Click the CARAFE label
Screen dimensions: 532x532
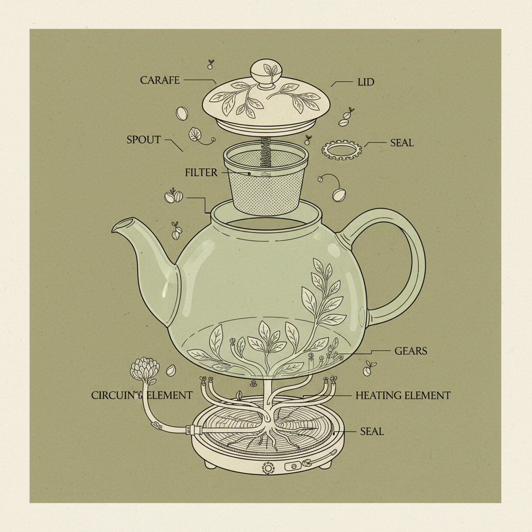(x=160, y=80)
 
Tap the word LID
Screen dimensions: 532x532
(x=366, y=82)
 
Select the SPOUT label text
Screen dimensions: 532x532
(x=144, y=140)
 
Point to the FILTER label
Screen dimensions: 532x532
(x=201, y=172)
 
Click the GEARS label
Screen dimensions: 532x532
(x=410, y=351)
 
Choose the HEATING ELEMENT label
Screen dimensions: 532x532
(x=403, y=395)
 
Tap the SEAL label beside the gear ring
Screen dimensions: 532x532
(x=402, y=142)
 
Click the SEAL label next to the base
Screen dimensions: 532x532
(x=371, y=431)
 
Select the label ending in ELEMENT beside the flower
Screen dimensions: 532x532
(x=141, y=395)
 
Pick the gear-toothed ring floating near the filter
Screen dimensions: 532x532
(x=341, y=150)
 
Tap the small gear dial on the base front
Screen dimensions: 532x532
(x=268, y=468)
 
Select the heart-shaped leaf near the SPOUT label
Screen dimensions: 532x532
(x=196, y=134)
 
